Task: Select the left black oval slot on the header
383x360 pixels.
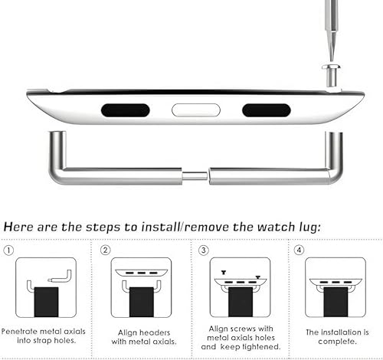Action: point(125,110)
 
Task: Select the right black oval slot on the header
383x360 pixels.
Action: point(266,110)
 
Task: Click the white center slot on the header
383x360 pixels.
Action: point(195,110)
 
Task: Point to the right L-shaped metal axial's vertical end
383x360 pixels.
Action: point(334,149)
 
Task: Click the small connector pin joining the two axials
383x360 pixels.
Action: point(195,175)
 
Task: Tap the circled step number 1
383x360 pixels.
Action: point(9,249)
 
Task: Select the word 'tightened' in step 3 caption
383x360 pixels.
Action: point(263,346)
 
